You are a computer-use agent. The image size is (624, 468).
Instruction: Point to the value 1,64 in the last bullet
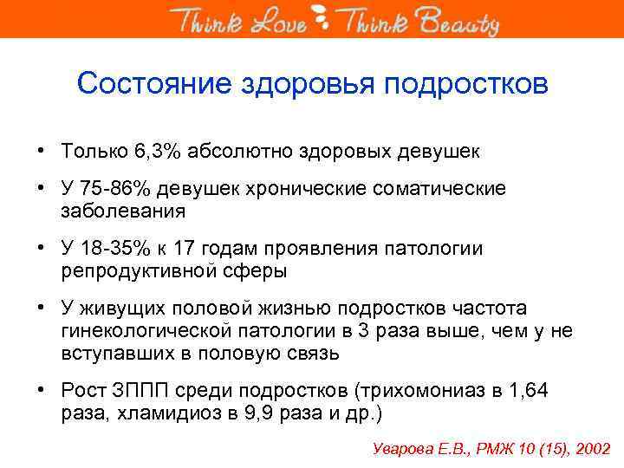click(x=529, y=390)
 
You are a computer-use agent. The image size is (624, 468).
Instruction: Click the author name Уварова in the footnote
click(x=404, y=449)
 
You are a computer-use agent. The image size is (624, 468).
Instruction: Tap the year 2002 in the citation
click(x=590, y=449)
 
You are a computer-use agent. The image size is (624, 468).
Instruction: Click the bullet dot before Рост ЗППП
click(x=42, y=390)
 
